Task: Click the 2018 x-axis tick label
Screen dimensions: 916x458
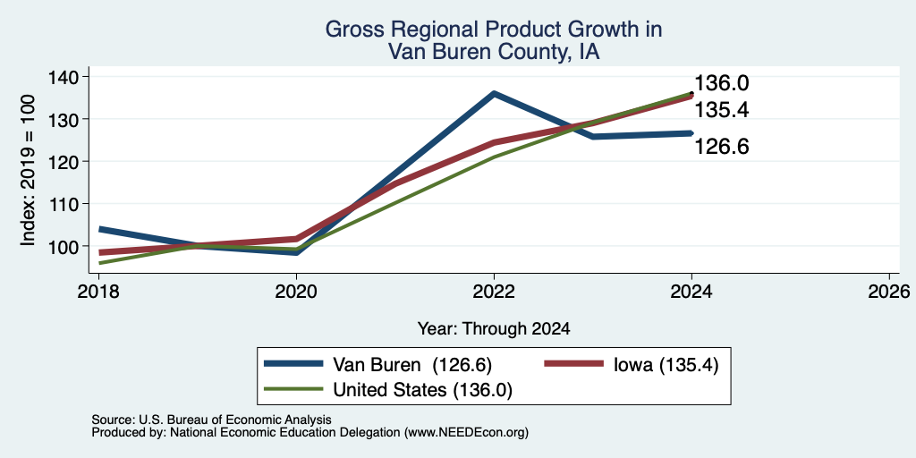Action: tap(98, 291)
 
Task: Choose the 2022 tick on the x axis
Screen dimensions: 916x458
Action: tap(494, 291)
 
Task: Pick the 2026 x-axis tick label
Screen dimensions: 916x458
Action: tap(889, 291)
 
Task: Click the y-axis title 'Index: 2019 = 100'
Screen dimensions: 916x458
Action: tap(28, 170)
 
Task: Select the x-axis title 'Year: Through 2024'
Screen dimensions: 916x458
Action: tap(494, 329)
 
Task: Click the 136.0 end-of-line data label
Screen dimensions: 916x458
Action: tap(722, 83)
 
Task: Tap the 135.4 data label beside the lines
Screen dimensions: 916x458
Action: tap(722, 110)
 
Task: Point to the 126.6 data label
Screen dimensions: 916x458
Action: tap(722, 147)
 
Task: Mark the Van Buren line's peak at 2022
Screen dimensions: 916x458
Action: tap(494, 93)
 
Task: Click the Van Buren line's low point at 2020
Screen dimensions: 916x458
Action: tap(296, 252)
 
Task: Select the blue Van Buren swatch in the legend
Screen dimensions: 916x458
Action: tap(293, 364)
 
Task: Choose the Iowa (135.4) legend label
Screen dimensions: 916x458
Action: tap(666, 365)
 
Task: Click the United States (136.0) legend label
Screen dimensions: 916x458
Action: tap(423, 390)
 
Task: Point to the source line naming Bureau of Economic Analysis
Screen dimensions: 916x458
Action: tap(211, 420)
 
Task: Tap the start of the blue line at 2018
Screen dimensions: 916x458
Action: tap(99, 229)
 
